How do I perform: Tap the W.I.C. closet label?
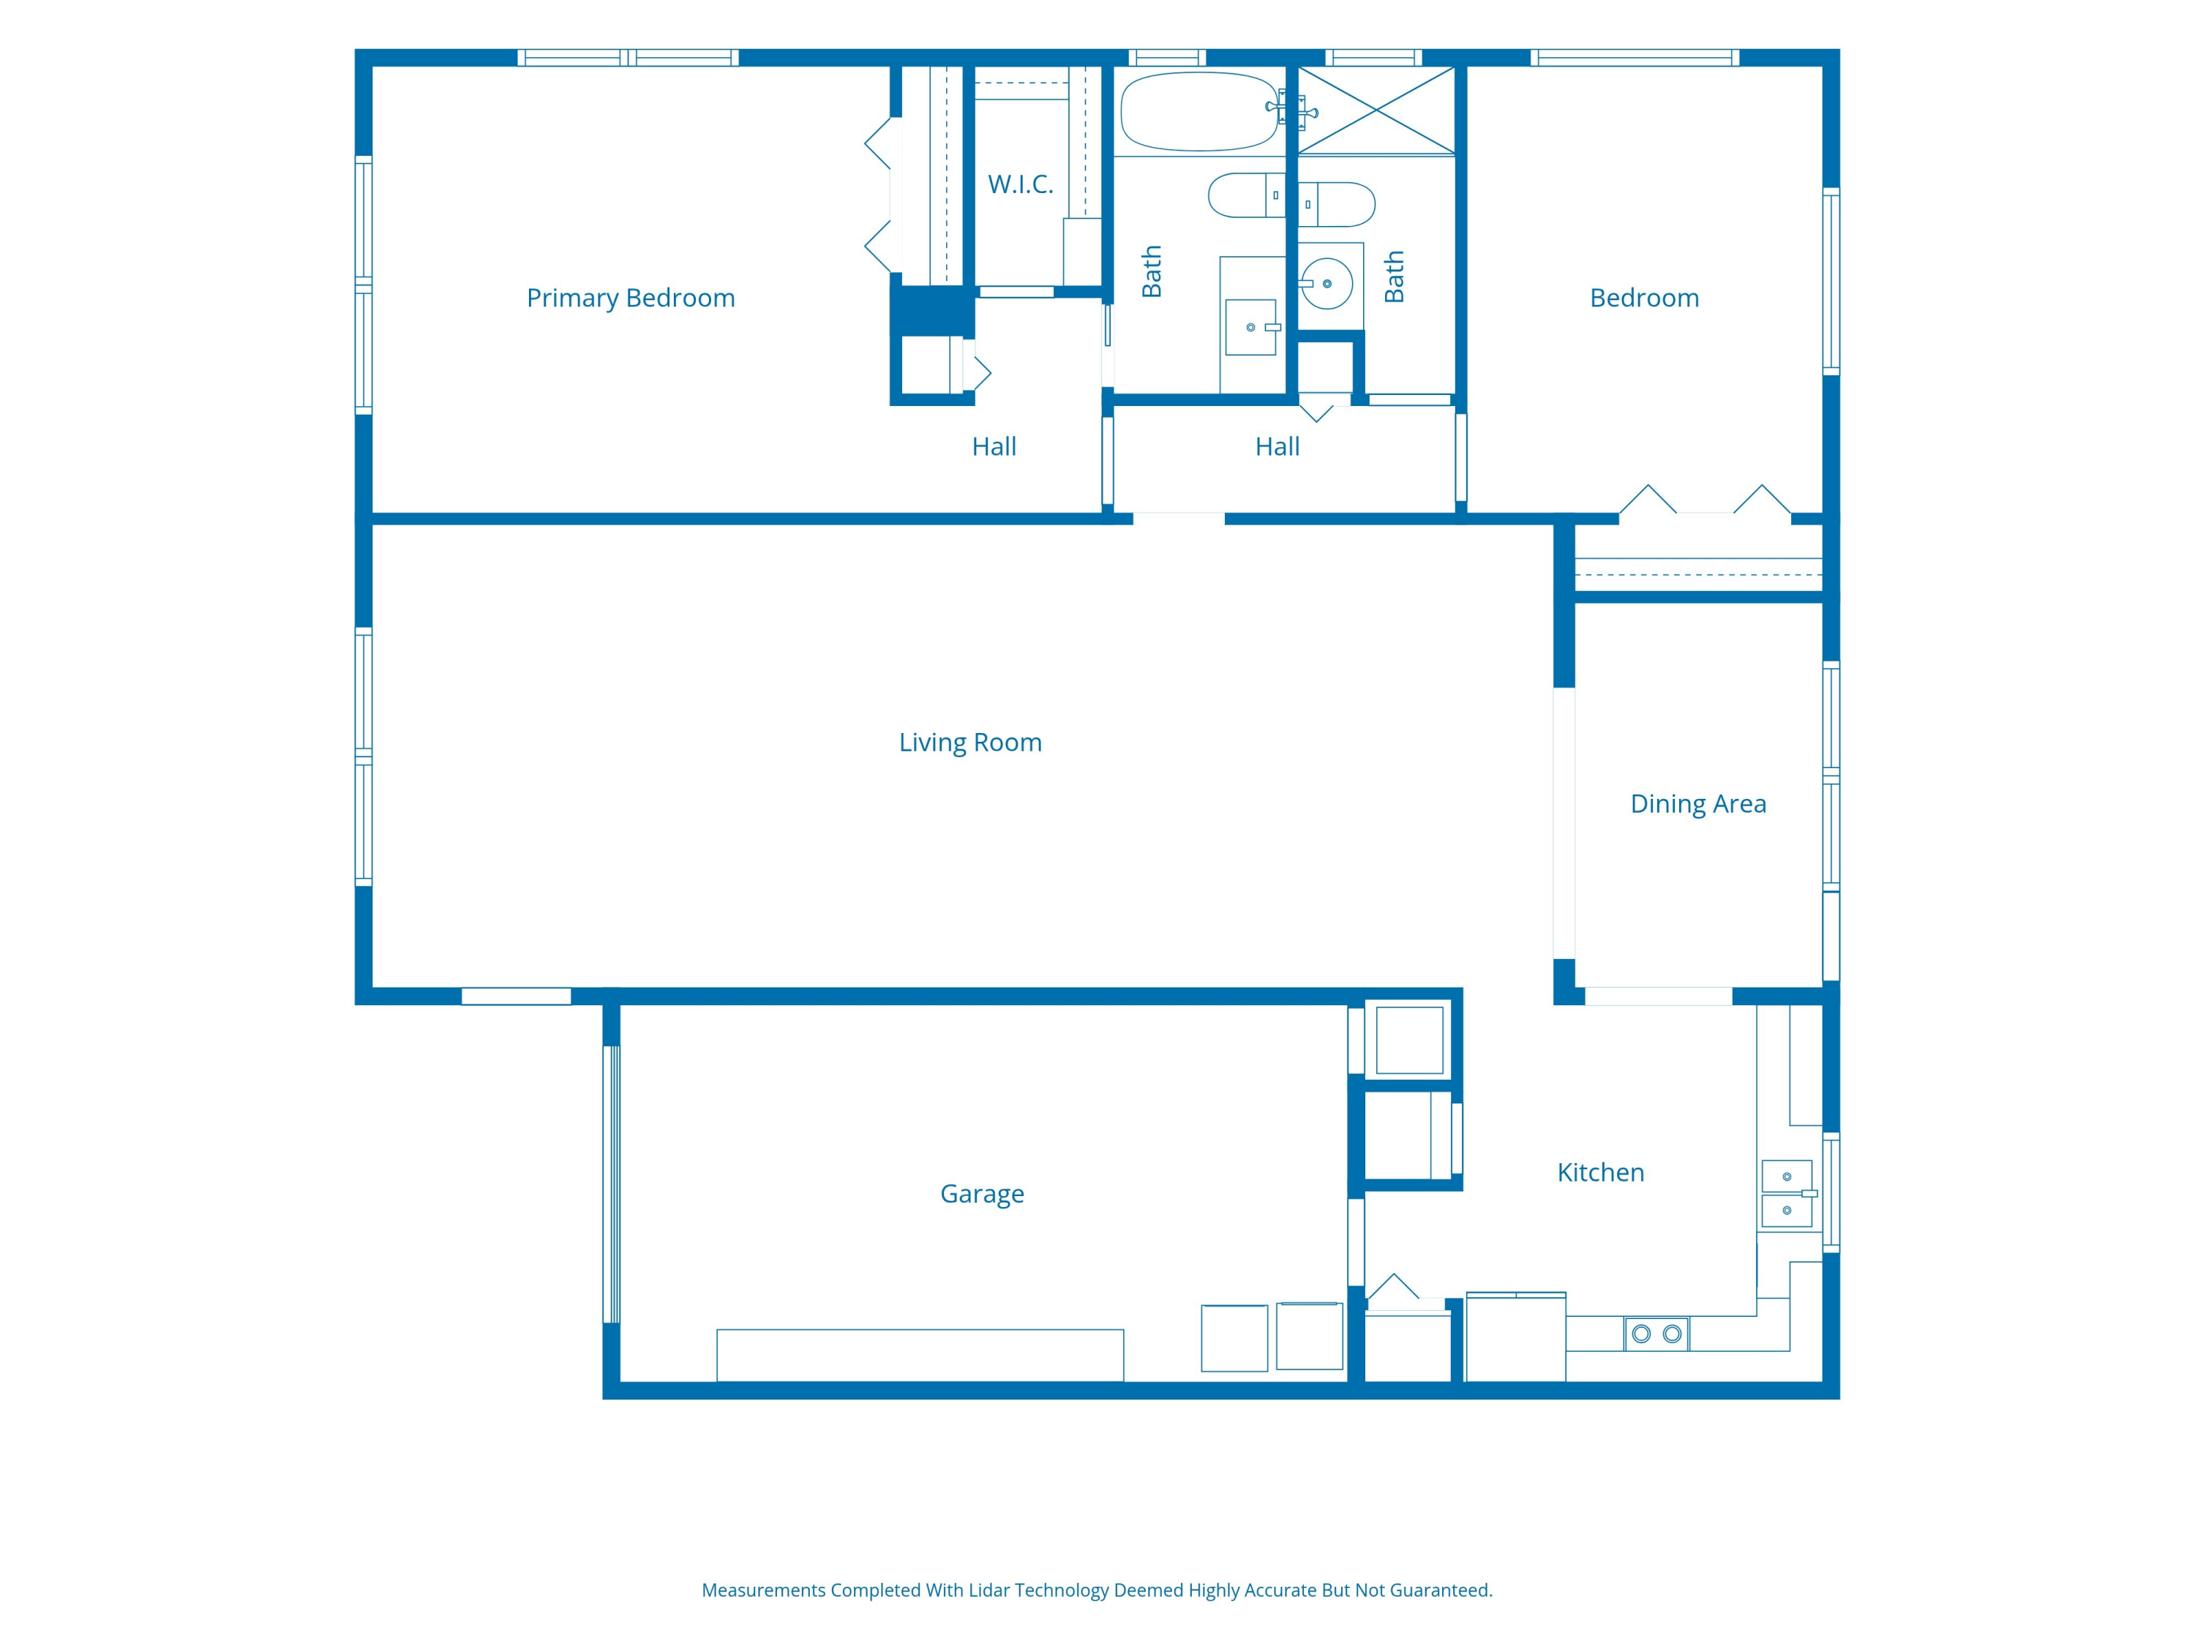tap(1020, 184)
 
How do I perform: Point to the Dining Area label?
tap(1698, 804)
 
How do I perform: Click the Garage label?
tap(981, 1194)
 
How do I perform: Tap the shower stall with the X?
tap(1376, 110)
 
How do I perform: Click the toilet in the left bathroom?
tap(1246, 195)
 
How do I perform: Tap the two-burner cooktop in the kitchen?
tap(1656, 1334)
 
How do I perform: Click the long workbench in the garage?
tap(920, 1356)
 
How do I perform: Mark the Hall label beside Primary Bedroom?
tap(994, 446)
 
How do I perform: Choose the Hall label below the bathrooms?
tap(1277, 446)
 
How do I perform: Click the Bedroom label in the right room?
tap(1644, 298)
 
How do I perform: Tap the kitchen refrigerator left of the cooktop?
tap(1515, 1337)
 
